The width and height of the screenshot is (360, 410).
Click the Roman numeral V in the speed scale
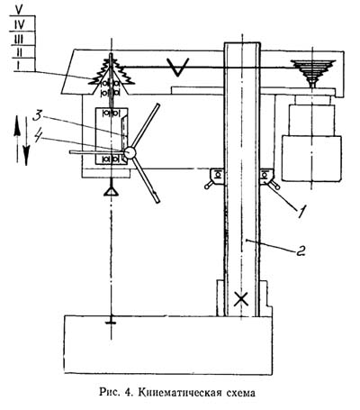[19, 10]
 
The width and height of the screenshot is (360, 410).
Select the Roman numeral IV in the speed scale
[20, 24]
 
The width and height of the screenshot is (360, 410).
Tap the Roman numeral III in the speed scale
[19, 39]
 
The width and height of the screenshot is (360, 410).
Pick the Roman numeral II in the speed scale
[19, 52]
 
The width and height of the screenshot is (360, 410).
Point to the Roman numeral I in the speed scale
[19, 66]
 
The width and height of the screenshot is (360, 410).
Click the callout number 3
[38, 116]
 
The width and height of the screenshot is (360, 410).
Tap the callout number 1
[301, 212]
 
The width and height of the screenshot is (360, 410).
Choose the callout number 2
[301, 251]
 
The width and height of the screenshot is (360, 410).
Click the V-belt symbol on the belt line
[178, 67]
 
